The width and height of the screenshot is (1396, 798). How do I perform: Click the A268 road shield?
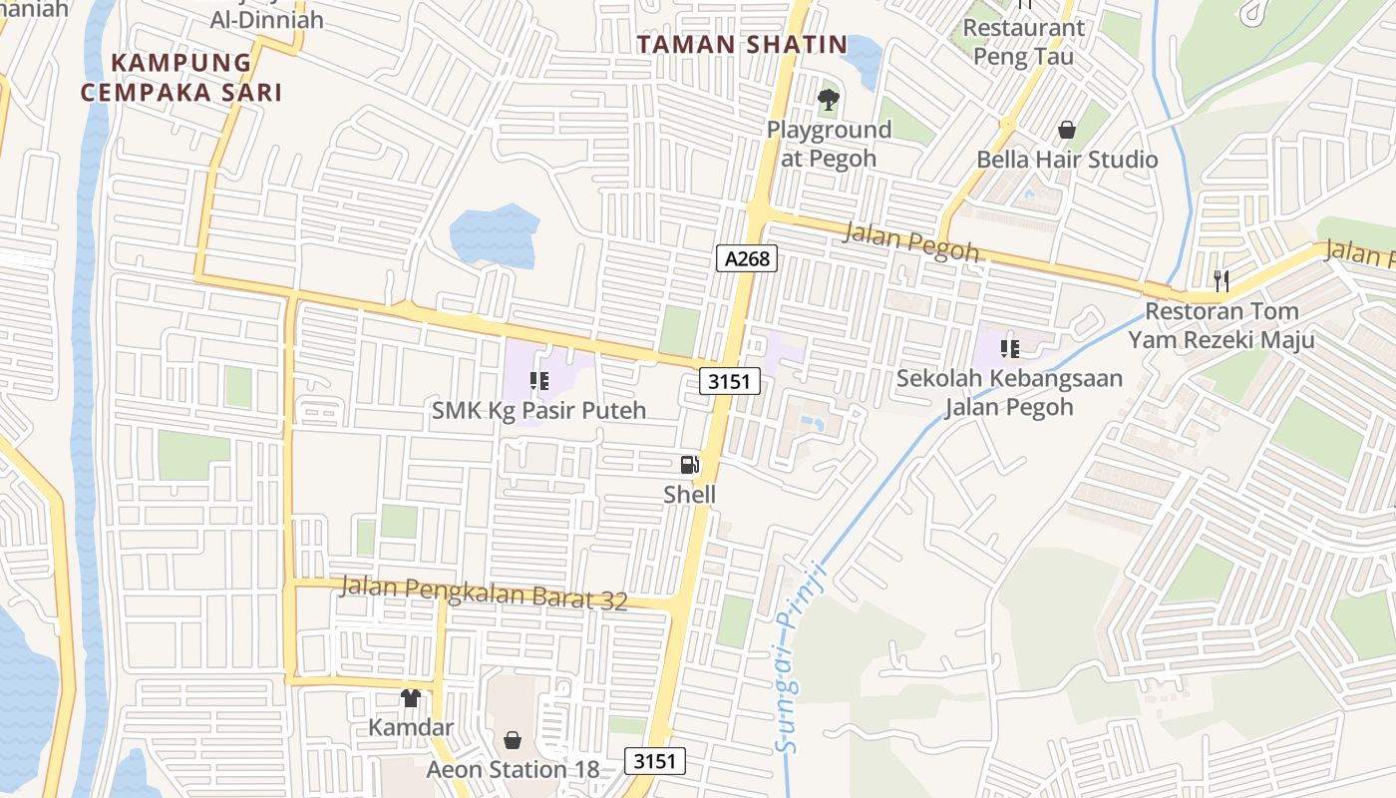point(747,258)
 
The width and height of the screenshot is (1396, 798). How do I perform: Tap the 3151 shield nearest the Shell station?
point(731,380)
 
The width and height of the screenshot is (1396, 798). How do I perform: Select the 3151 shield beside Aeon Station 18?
point(655,761)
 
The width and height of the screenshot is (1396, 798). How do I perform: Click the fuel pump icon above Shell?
point(689,465)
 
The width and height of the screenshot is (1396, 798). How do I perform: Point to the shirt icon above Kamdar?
point(410,698)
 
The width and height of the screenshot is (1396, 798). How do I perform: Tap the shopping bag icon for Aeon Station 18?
point(513,740)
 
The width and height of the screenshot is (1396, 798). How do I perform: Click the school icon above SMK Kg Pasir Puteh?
point(538,380)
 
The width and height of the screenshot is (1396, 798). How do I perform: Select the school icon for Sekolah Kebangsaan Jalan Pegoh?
point(1009,349)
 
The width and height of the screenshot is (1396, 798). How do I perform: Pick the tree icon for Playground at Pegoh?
point(828,100)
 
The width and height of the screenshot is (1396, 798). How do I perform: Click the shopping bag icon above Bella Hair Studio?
point(1067,130)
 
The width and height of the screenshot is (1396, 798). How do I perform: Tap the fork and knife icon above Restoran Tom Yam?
point(1221,280)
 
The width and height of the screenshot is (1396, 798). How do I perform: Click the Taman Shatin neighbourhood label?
point(742,45)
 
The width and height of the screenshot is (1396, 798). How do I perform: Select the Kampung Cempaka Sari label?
point(181,78)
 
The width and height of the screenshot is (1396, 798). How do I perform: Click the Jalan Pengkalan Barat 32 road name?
point(484,593)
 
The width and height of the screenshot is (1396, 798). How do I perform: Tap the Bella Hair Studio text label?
point(1067,160)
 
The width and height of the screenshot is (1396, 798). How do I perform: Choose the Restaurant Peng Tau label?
point(1023,42)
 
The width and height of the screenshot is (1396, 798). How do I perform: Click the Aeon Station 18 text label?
point(514,770)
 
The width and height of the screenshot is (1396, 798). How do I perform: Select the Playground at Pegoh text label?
point(829,144)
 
